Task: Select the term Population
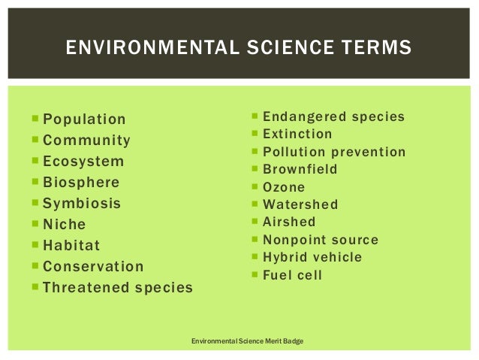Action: [x=84, y=119]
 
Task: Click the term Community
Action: [x=86, y=141]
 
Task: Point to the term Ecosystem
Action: [x=83, y=162]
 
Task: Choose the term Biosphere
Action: [x=81, y=183]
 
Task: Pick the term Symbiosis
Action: [x=82, y=204]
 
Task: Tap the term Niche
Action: [x=65, y=225]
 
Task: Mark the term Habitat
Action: [x=71, y=246]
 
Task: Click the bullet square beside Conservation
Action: [x=36, y=266]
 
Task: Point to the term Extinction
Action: [x=297, y=135]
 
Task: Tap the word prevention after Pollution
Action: [x=366, y=153]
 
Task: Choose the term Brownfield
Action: [x=300, y=170]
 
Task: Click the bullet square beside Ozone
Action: [x=256, y=187]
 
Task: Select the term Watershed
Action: [x=300, y=204]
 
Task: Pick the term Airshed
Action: [x=289, y=222]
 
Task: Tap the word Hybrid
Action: [x=283, y=258]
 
